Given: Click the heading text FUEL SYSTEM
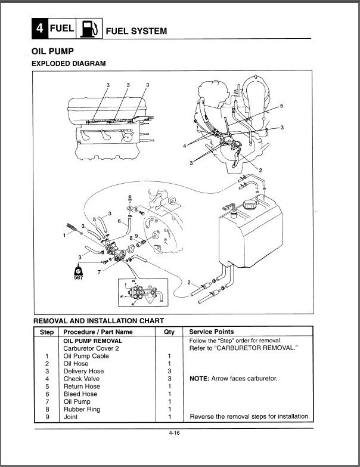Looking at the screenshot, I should [136, 30].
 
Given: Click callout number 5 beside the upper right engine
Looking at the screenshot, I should [282, 106].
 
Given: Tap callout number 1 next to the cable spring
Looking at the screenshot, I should [64, 236].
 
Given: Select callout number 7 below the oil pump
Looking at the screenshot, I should [99, 272].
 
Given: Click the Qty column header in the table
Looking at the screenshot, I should [169, 332].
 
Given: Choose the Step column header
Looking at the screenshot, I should [46, 332].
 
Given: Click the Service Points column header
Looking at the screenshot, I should [211, 332].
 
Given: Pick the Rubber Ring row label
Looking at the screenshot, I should [82, 409].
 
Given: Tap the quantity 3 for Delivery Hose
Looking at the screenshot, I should [169, 371].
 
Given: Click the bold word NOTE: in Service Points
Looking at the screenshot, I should [201, 379].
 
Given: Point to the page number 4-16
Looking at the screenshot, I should [174, 433].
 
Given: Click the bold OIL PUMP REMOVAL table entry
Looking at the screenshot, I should [92, 340].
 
